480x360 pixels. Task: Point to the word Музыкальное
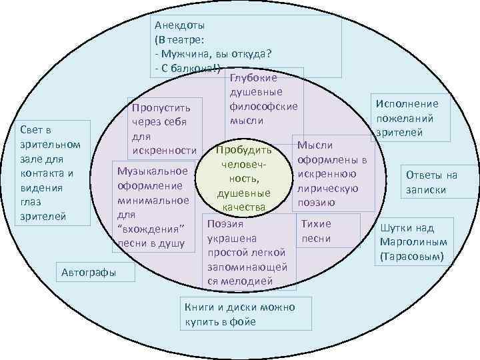pyautogui.click(x=151, y=171)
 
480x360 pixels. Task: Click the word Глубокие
pyautogui.click(x=253, y=78)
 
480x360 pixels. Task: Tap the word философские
pyautogui.click(x=263, y=106)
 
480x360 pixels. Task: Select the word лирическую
pyautogui.click(x=327, y=188)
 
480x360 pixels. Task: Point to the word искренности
pyautogui.click(x=164, y=150)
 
